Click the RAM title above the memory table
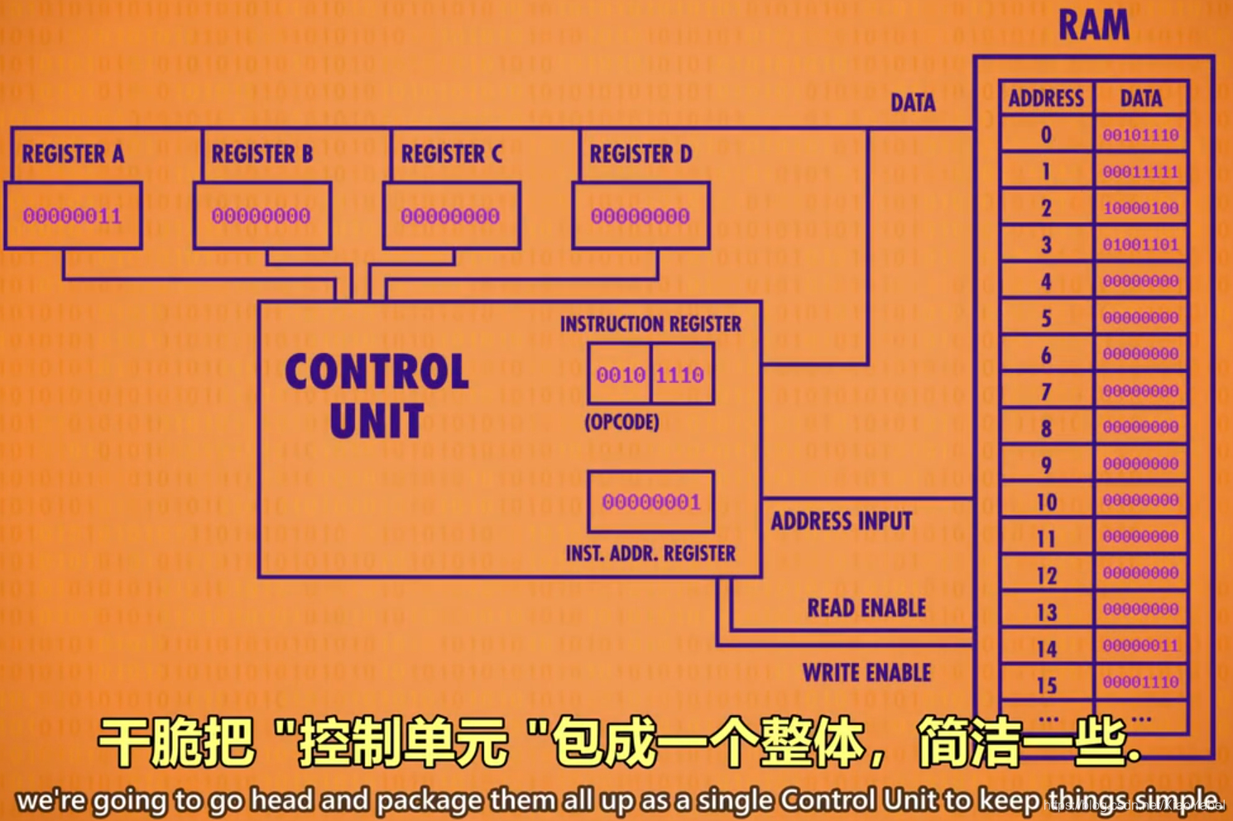point(1093,26)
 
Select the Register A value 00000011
point(72,217)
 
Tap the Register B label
point(261,154)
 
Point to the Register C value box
point(451,217)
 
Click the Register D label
point(640,154)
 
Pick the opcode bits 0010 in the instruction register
point(620,375)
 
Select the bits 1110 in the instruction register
point(680,375)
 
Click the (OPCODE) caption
point(621,422)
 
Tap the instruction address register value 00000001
point(650,502)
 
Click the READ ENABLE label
point(866,609)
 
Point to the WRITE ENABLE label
point(866,673)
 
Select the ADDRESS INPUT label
point(841,521)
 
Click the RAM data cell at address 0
point(1140,135)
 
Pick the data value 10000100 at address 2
point(1140,208)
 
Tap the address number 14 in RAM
point(1046,649)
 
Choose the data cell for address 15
point(1140,683)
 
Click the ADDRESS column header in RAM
point(1046,98)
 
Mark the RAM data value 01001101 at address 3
point(1140,245)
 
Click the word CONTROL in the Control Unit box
point(377,372)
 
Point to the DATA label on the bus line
point(913,103)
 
